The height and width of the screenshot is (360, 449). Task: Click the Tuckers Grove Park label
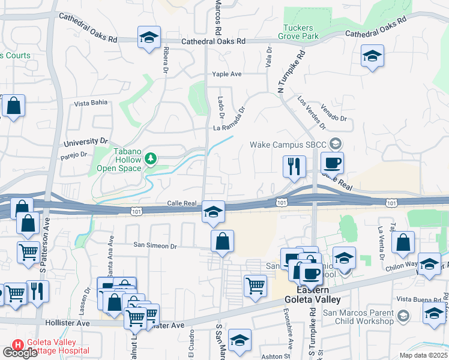298,32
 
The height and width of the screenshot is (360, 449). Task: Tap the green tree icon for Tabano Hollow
151,159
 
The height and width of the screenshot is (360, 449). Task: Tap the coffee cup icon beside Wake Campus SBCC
331,162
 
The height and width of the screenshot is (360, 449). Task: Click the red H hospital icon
18,346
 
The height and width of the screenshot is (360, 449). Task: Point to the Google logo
19,353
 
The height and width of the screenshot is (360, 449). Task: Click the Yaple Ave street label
226,74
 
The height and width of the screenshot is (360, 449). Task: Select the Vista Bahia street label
91,103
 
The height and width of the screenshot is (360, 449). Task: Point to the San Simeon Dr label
155,246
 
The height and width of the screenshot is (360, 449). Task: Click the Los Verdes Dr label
312,113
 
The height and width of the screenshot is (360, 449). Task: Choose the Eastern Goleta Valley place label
312,295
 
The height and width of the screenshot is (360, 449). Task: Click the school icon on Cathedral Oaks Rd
148,37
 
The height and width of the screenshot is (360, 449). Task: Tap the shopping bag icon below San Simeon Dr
222,241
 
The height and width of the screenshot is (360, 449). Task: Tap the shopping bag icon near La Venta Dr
403,242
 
